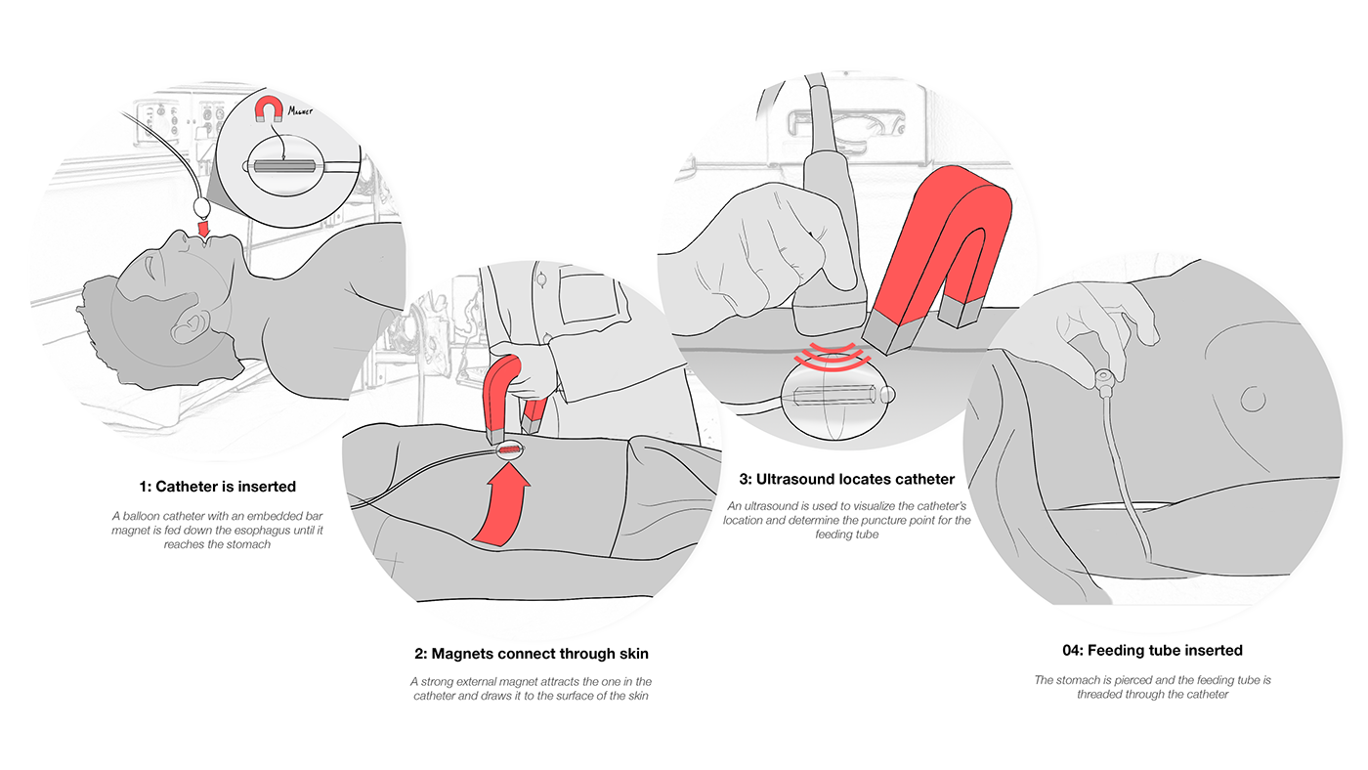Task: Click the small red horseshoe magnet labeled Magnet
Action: (267, 110)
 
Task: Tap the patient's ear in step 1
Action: (188, 325)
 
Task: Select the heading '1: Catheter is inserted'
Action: (217, 486)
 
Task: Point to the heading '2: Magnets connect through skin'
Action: (531, 654)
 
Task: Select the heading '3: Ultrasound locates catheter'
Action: (846, 480)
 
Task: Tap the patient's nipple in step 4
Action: (1252, 398)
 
